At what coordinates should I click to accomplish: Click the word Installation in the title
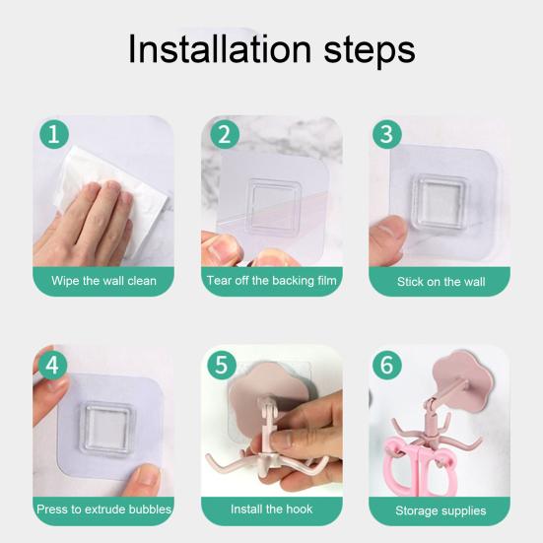220,49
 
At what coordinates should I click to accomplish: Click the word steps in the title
370,51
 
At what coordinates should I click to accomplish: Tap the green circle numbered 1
54,134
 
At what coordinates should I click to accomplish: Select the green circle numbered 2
225,134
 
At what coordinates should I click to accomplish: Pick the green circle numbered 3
387,134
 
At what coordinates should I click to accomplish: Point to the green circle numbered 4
52,365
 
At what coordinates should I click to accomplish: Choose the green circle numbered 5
222,365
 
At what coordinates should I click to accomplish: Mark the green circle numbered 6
387,365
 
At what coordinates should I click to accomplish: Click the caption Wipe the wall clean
103,281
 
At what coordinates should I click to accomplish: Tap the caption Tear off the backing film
272,281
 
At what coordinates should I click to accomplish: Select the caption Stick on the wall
441,282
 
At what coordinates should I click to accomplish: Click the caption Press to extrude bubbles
103,509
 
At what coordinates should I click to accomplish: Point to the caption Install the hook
272,509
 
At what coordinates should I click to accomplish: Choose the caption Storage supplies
441,510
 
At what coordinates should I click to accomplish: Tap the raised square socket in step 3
440,202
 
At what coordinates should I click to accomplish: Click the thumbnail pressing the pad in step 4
147,474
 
